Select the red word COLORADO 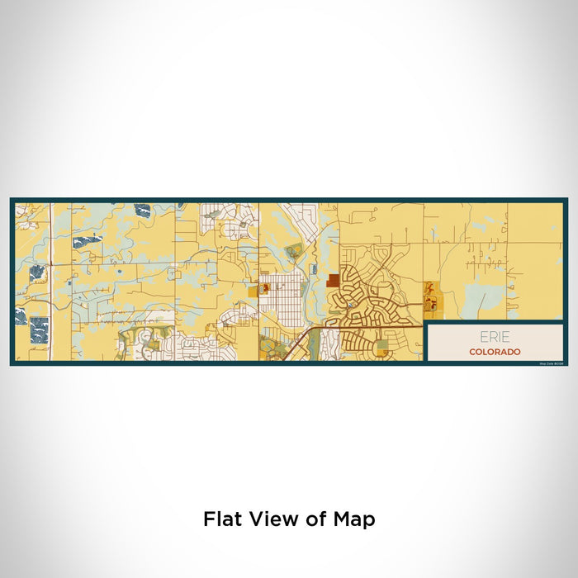pos(495,352)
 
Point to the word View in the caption pos(273,519)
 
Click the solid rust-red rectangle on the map pos(332,281)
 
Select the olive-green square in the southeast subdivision pos(381,345)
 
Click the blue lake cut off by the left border pos(19,315)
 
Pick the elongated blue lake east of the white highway pos(86,241)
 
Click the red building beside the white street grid pos(266,288)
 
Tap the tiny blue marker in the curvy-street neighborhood pos(350,305)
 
